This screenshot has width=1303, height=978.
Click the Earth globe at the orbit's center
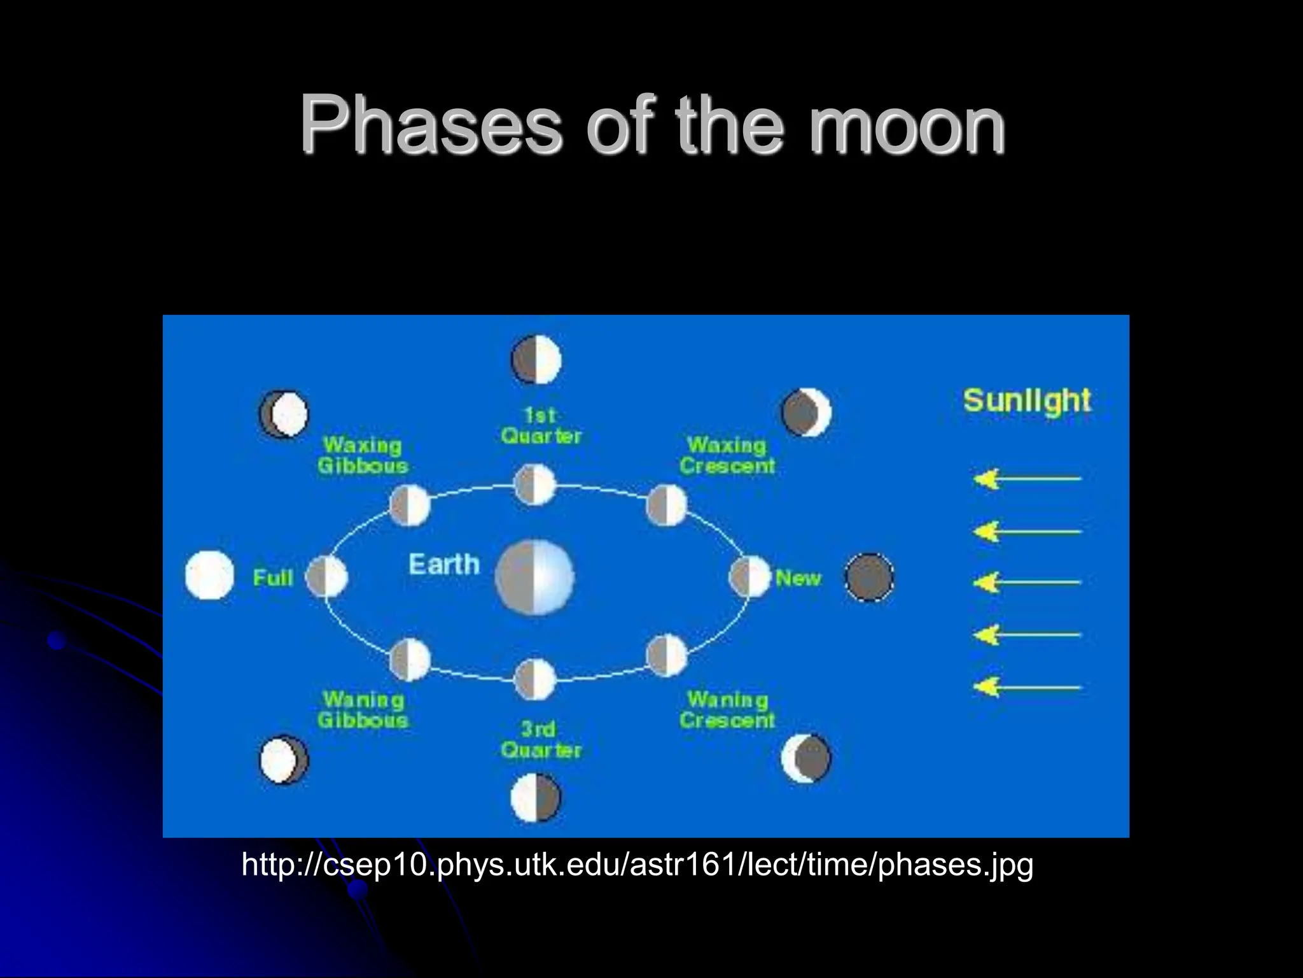[x=534, y=578]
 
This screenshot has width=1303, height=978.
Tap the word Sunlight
[x=1027, y=401]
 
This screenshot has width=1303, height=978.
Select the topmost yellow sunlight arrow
[x=1027, y=478]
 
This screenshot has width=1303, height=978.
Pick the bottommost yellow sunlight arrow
[x=1027, y=687]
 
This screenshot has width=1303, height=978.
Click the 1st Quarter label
[x=541, y=426]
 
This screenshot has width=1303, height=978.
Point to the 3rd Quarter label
[x=541, y=739]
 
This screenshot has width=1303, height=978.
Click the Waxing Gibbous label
[x=363, y=455]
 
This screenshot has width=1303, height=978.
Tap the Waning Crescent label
[x=727, y=710]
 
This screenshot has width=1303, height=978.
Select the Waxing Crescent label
[x=727, y=455]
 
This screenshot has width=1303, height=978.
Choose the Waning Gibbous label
[x=363, y=710]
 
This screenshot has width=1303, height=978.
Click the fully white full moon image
[x=209, y=576]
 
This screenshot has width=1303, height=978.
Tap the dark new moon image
[x=869, y=577]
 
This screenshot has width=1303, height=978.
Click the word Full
[x=273, y=578]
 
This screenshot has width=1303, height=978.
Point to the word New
[x=798, y=578]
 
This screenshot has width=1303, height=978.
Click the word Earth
[x=444, y=565]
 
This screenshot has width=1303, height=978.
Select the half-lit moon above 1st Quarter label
[x=536, y=360]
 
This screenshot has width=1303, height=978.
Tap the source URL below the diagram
[x=638, y=865]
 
